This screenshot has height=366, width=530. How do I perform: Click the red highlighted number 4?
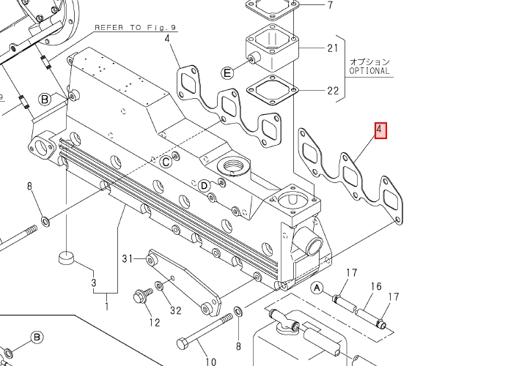click(x=380, y=131)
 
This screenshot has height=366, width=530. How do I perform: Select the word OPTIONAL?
click(x=369, y=72)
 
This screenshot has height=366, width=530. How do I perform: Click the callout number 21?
click(x=333, y=48)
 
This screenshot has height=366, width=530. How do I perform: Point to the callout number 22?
click(x=333, y=91)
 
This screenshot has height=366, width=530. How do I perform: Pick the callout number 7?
click(x=330, y=5)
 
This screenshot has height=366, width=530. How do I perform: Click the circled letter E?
click(x=227, y=72)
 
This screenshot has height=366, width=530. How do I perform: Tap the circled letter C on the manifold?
click(x=166, y=161)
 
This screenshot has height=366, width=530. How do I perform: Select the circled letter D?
click(x=205, y=185)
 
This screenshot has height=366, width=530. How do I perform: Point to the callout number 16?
click(x=376, y=286)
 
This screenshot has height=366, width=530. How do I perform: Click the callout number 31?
click(x=128, y=258)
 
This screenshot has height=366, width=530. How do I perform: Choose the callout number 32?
click(x=175, y=310)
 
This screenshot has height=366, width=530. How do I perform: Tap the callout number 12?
click(x=154, y=322)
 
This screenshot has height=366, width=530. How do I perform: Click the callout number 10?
click(x=210, y=361)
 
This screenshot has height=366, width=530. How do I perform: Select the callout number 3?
click(x=94, y=282)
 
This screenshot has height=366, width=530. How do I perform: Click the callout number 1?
click(x=106, y=306)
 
